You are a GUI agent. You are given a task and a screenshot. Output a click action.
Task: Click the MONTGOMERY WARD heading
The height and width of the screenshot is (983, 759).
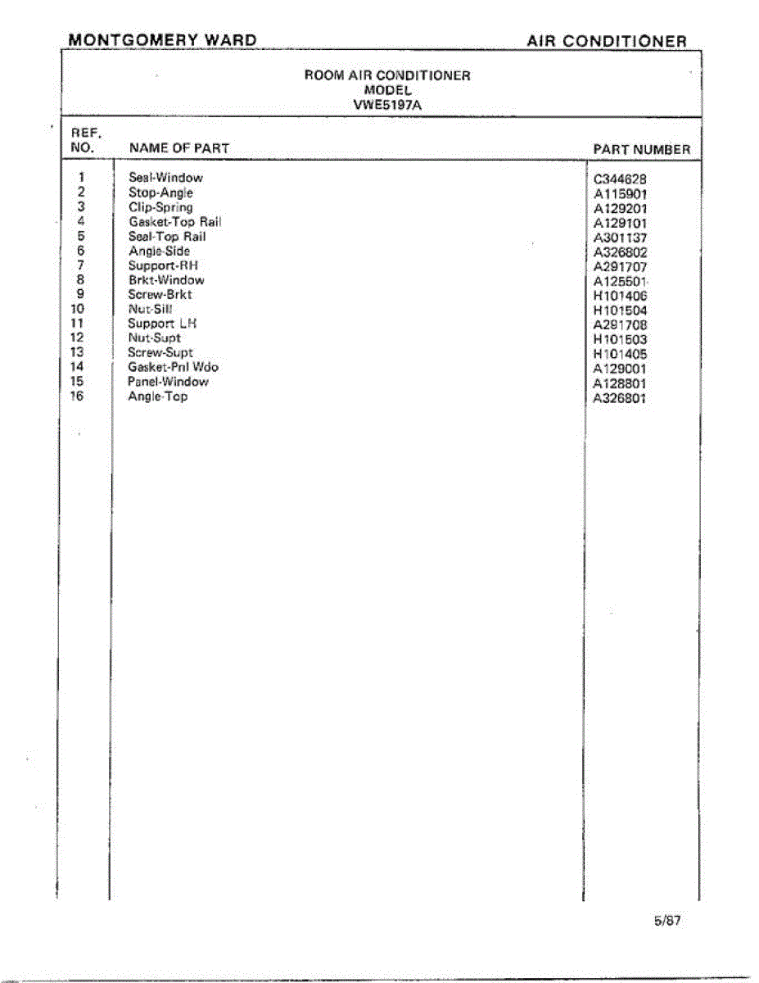click(162, 40)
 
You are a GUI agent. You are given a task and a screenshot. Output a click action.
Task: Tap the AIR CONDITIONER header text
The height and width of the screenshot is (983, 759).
click(607, 41)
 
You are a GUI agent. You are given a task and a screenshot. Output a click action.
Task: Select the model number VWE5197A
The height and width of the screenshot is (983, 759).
click(387, 104)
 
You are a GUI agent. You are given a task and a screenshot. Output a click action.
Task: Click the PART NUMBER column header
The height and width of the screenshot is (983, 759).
click(641, 149)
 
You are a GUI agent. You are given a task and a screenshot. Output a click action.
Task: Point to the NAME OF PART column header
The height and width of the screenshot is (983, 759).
click(179, 148)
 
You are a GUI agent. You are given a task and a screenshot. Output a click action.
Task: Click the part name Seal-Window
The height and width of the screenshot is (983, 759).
click(165, 178)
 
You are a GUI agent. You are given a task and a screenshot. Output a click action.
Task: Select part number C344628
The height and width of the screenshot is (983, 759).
click(621, 179)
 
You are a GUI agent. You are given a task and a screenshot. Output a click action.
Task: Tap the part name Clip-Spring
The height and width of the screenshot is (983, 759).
click(160, 207)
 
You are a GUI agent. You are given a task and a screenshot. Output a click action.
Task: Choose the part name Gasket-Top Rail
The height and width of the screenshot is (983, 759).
click(174, 222)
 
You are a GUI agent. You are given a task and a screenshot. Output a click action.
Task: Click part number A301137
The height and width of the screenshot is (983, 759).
click(621, 238)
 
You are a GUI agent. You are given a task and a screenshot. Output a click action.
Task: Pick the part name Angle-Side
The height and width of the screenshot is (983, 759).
click(159, 251)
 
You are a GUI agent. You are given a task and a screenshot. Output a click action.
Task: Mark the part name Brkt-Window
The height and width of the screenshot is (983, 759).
click(166, 280)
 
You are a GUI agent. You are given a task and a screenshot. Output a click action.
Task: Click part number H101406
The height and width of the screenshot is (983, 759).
click(621, 297)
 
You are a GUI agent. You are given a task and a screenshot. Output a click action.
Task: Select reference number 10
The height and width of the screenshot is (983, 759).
click(78, 309)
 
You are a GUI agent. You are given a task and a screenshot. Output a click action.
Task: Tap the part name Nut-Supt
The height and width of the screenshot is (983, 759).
click(154, 337)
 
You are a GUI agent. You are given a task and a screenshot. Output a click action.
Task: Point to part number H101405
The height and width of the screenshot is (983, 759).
click(621, 355)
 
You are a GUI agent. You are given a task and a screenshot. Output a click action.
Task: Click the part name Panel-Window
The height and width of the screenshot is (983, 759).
click(168, 382)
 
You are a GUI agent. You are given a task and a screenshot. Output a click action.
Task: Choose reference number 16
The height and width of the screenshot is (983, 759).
click(78, 396)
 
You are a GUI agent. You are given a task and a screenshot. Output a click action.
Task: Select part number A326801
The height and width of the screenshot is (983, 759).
click(621, 399)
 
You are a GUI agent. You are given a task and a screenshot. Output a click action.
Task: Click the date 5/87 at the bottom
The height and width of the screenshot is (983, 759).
click(667, 920)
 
